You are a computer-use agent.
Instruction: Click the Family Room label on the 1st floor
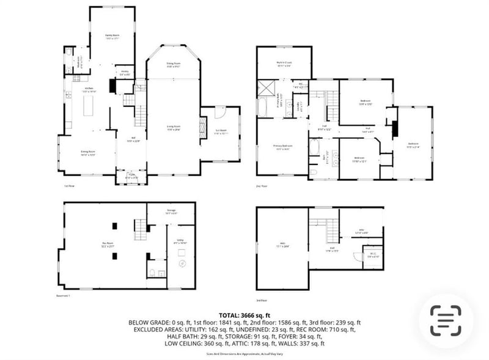111,37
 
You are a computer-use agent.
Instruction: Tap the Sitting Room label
174,65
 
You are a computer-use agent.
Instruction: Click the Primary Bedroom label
282,147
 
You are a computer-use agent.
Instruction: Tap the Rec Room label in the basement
108,244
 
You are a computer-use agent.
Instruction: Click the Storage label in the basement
171,212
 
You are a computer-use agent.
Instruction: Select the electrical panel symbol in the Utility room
181,264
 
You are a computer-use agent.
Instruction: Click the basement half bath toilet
152,273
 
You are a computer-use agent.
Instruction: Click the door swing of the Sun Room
222,114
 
